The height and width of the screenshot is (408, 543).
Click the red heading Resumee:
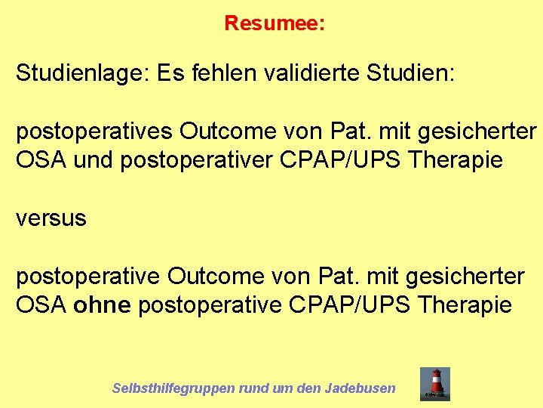click(275, 23)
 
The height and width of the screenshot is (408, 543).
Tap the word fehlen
click(222, 73)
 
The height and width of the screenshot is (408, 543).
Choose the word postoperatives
click(95, 131)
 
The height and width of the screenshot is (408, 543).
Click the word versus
click(51, 219)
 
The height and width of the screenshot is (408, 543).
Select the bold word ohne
click(103, 306)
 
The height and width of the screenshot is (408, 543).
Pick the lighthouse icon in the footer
click(435, 384)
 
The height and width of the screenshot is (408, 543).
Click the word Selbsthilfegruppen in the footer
click(173, 388)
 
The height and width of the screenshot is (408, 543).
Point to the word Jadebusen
click(360, 388)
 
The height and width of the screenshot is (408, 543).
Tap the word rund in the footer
click(254, 388)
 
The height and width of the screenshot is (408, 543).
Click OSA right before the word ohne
click(42, 306)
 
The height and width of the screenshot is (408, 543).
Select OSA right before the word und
click(42, 161)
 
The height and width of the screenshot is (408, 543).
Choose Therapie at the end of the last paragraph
click(464, 306)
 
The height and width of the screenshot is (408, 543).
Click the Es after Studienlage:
click(170, 73)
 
